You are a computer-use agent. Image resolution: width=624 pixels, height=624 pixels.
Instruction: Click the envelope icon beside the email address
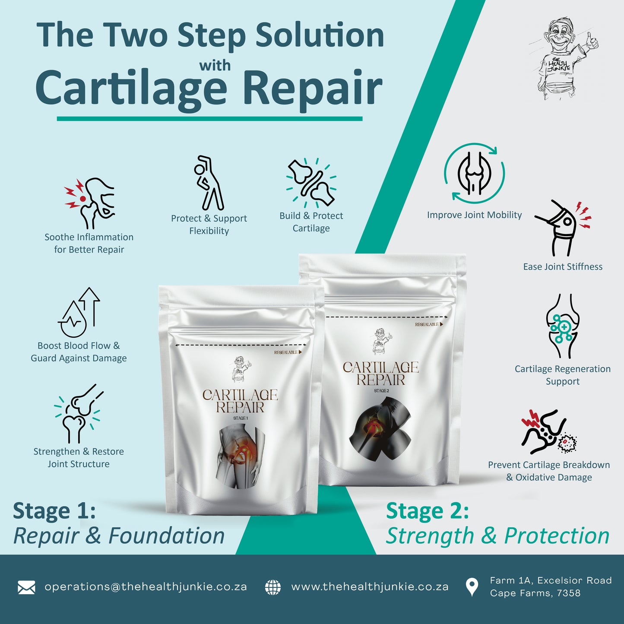[26, 587]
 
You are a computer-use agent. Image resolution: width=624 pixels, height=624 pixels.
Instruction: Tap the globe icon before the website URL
[273, 587]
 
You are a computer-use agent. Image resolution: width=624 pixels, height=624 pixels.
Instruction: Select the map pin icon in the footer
[472, 587]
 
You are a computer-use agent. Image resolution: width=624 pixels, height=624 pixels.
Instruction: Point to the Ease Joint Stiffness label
[562, 267]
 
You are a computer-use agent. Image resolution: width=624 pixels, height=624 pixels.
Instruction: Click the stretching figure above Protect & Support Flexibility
[209, 183]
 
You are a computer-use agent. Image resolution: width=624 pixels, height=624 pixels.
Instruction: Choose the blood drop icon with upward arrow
[79, 313]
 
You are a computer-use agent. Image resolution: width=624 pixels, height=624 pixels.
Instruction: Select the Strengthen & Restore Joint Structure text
[79, 458]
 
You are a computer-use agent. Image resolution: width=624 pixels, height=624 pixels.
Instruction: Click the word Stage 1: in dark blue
[54, 511]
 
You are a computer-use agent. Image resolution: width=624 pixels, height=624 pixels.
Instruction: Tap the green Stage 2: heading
[427, 511]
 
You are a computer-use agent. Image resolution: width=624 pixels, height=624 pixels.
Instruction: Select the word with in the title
[215, 66]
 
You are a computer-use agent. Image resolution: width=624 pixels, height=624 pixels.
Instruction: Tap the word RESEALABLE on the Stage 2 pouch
[426, 324]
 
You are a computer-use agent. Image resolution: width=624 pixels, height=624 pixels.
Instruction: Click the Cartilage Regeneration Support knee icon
[562, 326]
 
